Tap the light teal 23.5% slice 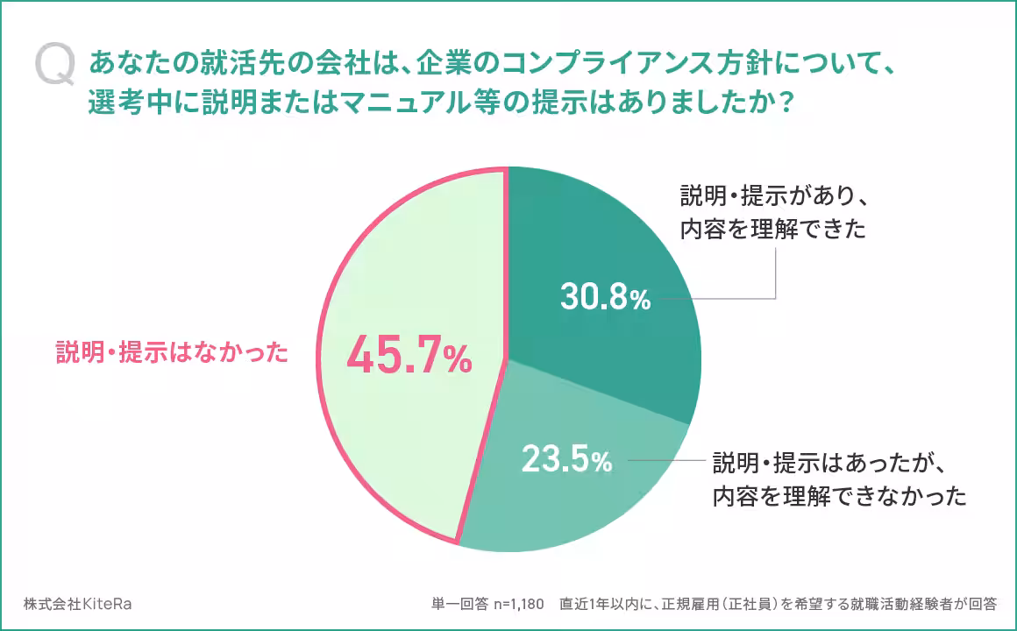570,500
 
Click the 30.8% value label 605,299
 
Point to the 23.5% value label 566,459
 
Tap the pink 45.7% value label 409,357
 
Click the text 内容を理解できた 772,230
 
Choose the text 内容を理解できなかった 839,497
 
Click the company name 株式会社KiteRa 78,605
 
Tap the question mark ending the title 786,103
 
